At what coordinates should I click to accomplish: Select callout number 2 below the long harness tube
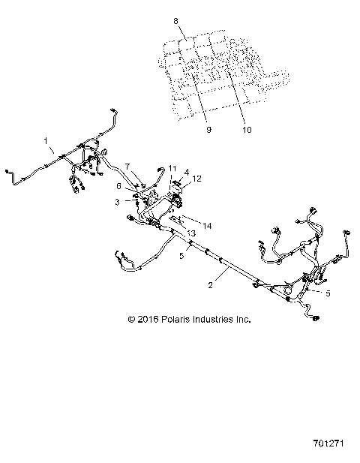pos(211,286)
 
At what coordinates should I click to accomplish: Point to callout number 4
pos(166,173)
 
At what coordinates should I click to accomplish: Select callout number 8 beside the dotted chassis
pos(175,22)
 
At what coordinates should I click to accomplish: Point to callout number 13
pos(181,233)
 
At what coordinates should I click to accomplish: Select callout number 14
pos(208,225)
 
